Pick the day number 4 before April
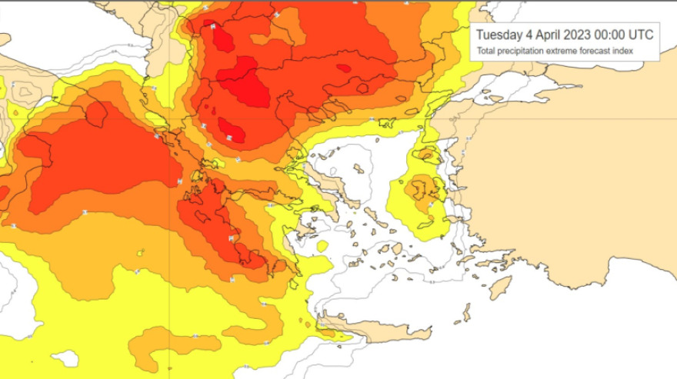tap(530, 35)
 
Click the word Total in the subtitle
tap(485, 52)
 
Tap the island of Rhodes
tap(501, 288)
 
